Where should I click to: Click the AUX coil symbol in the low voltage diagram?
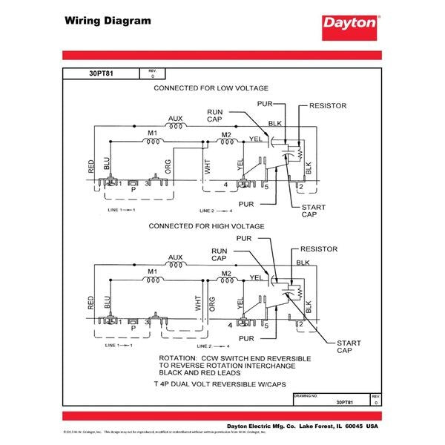[175, 127]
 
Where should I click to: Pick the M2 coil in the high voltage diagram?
[226, 280]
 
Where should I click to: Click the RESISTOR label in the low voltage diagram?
[327, 106]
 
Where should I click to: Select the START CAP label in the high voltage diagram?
[349, 347]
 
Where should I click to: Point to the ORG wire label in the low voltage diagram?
[168, 166]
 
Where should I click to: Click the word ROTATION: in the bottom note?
[182, 358]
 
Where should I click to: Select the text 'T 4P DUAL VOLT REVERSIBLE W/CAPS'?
[221, 384]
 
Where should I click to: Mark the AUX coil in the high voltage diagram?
[175, 265]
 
